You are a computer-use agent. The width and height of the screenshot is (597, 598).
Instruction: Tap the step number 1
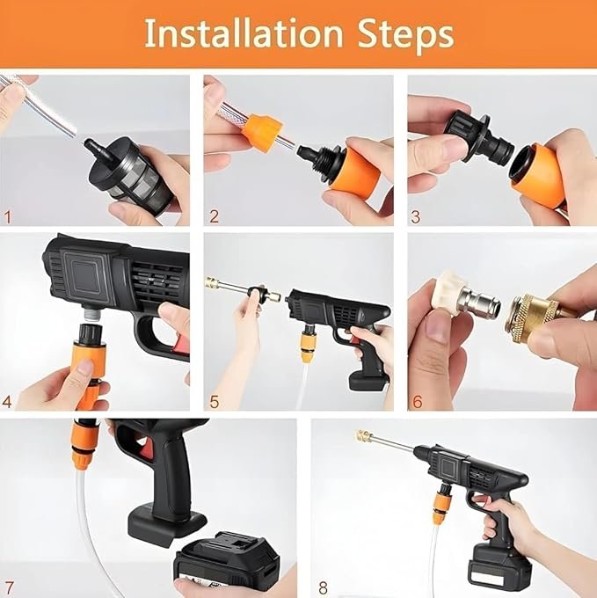tap(9, 216)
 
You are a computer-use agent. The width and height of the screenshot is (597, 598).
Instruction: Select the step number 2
tap(214, 216)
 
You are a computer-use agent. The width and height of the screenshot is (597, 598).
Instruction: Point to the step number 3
tap(416, 216)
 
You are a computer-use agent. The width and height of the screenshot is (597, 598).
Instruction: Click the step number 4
tap(9, 402)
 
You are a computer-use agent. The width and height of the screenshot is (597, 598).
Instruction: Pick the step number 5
tap(214, 402)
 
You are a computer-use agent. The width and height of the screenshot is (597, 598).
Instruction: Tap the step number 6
tap(416, 402)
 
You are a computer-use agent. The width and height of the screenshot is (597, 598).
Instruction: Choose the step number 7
tap(9, 587)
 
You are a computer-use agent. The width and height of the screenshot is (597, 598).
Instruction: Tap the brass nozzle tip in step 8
tap(362, 435)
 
